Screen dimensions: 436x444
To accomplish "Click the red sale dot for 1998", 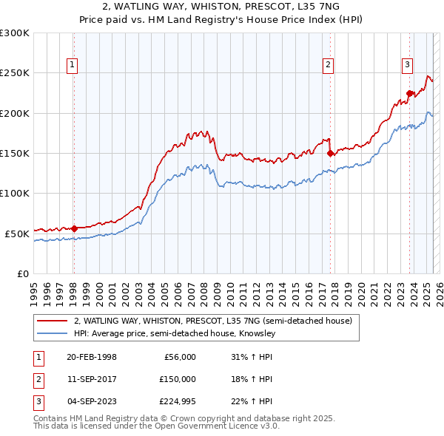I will (x=74, y=228).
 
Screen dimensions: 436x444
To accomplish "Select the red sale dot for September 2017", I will (x=330, y=154).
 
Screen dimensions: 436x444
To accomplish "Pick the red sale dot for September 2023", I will (x=409, y=93).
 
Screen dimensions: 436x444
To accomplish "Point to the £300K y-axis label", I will (x=15, y=33).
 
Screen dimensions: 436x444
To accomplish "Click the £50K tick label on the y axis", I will (x=17, y=234).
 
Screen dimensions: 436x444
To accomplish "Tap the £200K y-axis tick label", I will (x=15, y=113).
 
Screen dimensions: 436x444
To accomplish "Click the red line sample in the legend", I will (x=53, y=321).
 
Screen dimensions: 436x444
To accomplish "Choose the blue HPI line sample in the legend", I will (x=53, y=334).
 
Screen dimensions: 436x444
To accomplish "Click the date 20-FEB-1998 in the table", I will (x=91, y=357).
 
